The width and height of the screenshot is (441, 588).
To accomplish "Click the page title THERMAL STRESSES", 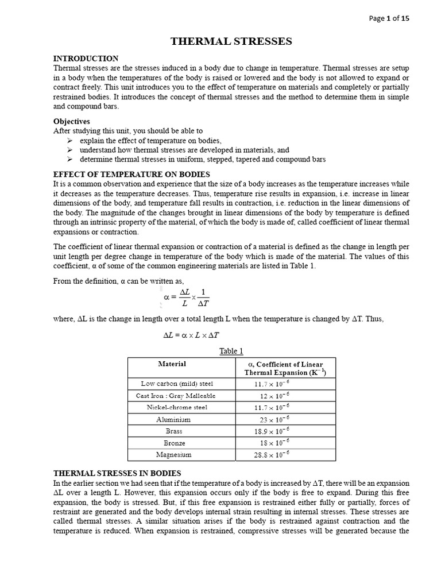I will (x=231, y=41).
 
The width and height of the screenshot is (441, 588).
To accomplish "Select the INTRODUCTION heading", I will (x=86, y=59).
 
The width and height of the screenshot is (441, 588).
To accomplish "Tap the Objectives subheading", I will (x=72, y=122).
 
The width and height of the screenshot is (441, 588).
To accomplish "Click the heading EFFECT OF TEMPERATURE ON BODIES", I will (x=131, y=174).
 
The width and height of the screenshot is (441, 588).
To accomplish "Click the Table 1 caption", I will (x=232, y=351).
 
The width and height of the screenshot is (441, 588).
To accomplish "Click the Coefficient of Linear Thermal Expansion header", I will (x=285, y=368).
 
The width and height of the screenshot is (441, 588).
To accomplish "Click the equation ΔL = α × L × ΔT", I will (x=191, y=335).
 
